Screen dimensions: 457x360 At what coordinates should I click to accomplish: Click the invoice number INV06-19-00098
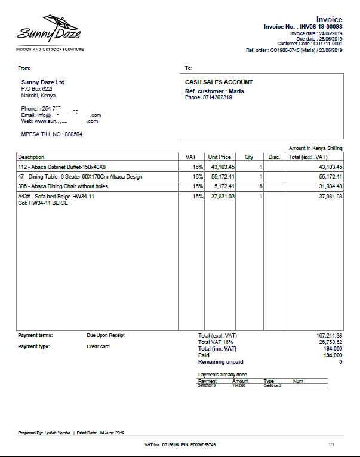pyautogui.click(x=321, y=27)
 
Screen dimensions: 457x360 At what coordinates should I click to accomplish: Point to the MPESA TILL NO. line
pyautogui.click(x=51, y=134)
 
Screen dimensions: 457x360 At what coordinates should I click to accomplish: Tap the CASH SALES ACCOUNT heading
pyautogui.click(x=219, y=82)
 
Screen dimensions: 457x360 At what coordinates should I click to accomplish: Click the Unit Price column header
pyautogui.click(x=219, y=157)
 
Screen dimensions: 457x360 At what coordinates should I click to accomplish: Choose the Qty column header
pyautogui.click(x=249, y=157)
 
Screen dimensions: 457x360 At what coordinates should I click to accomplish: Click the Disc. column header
pyautogui.click(x=274, y=157)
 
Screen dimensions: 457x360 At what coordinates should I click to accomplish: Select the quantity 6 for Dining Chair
pyautogui.click(x=260, y=186)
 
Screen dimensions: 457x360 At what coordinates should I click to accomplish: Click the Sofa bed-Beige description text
pyautogui.click(x=56, y=197)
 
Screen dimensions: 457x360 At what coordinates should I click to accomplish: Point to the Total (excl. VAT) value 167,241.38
pyautogui.click(x=329, y=336)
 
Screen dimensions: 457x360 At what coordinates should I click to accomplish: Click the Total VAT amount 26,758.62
pyautogui.click(x=330, y=342)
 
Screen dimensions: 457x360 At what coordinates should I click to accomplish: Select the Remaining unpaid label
pyautogui.click(x=220, y=362)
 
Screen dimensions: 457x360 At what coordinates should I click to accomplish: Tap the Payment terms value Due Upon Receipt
pyautogui.click(x=106, y=336)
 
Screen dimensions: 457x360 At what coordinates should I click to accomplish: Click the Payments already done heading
pyautogui.click(x=222, y=375)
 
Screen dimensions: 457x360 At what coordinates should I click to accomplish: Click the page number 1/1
pyautogui.click(x=332, y=445)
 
